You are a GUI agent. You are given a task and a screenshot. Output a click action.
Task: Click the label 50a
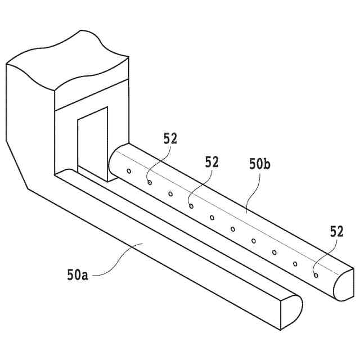tap(78, 275)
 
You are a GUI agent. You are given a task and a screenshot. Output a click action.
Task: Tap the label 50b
tap(260, 164)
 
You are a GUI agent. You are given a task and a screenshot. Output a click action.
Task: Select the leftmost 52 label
tap(170, 138)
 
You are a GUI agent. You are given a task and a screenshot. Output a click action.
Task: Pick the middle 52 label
tap(211, 162)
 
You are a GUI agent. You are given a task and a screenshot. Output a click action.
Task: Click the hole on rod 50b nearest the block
tap(129, 171)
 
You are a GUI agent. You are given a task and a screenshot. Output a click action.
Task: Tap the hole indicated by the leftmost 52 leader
tap(150, 182)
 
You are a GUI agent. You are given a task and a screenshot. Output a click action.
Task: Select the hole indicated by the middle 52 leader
tap(191, 206)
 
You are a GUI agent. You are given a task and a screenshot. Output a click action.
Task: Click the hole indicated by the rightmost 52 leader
tap(316, 275)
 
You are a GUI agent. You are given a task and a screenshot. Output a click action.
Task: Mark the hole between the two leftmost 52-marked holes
tap(170, 194)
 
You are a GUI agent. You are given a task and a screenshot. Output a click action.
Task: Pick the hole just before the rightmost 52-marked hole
tap(295, 263)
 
